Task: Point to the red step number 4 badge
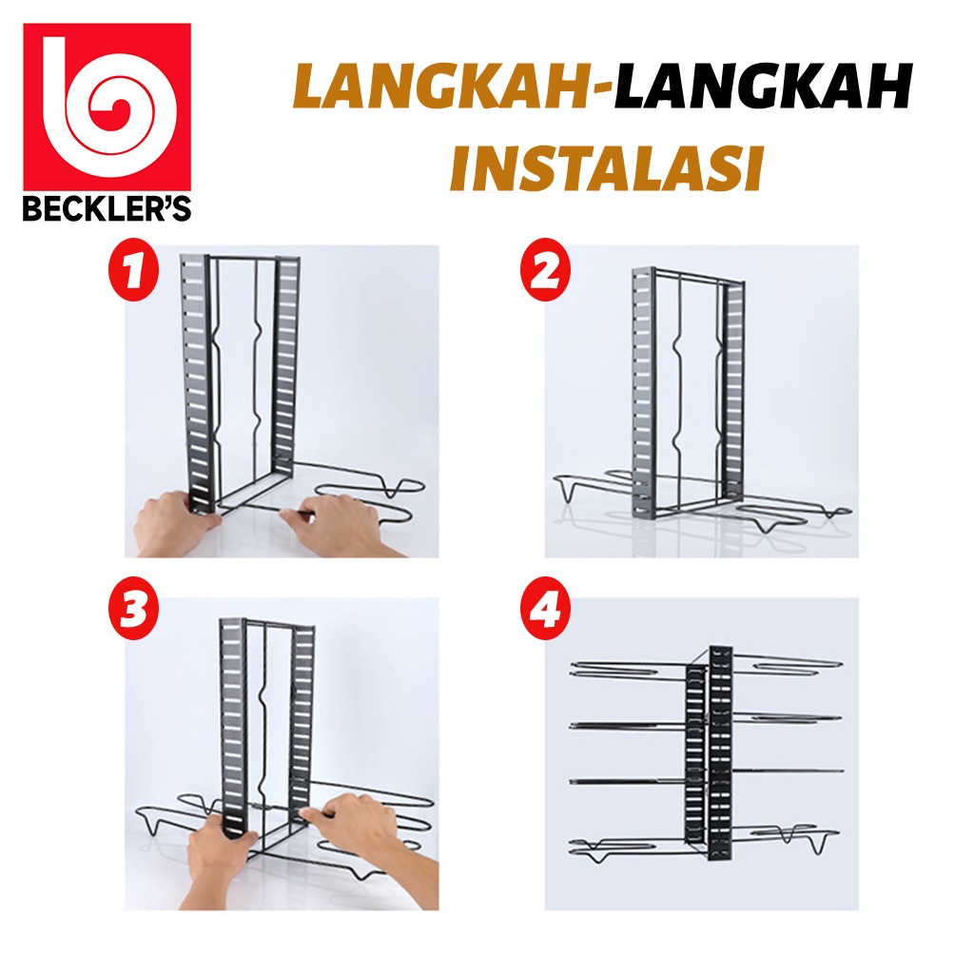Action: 546,609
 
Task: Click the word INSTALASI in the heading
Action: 607,168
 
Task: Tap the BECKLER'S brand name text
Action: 107,208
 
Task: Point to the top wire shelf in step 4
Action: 706,669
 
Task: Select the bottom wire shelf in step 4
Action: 706,844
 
